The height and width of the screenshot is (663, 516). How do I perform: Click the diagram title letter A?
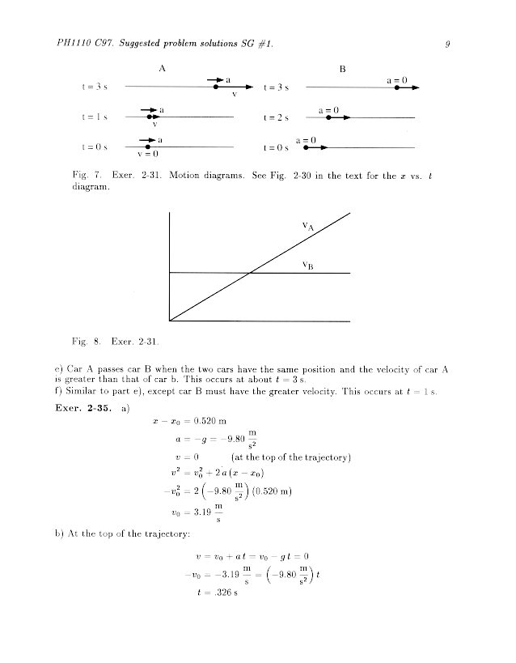tap(162, 69)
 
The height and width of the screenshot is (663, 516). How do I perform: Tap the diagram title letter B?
tap(342, 69)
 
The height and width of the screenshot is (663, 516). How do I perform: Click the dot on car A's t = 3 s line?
tap(216, 87)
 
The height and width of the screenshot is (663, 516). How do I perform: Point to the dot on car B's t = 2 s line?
tap(328, 117)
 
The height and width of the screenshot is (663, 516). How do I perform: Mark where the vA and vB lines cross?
tap(249, 274)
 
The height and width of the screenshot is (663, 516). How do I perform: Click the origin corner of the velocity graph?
tap(170, 321)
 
